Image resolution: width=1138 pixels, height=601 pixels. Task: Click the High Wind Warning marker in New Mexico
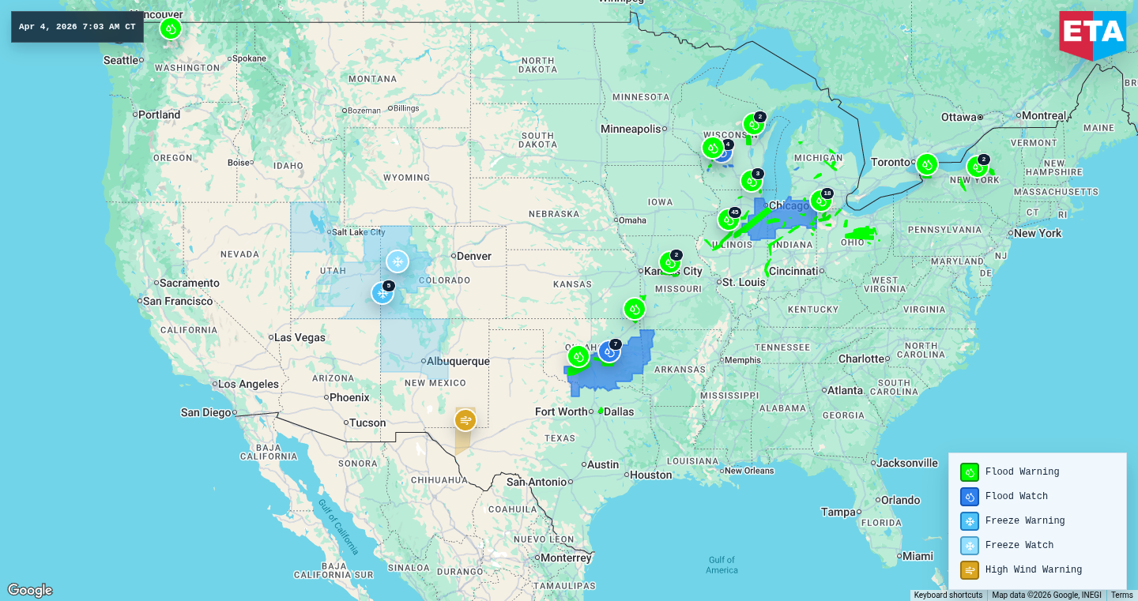coord(465,419)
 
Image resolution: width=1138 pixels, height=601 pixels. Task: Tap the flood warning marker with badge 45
coord(728,220)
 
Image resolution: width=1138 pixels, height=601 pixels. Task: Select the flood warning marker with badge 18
coord(820,201)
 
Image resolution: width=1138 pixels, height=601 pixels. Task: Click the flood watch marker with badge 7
coord(609,351)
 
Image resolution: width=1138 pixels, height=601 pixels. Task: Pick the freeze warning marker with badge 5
coord(382,293)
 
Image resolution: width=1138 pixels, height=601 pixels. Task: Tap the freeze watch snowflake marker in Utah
coord(397,261)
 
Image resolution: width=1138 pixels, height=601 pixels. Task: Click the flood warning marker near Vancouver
coord(170,29)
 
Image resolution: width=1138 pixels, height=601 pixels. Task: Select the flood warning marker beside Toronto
coord(926,164)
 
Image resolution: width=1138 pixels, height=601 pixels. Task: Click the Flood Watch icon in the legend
coord(970,496)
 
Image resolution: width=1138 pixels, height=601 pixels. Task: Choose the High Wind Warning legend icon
coord(970,569)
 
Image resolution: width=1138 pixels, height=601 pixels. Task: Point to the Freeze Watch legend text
coord(1019,545)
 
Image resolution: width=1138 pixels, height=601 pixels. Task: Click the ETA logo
coord(1093,34)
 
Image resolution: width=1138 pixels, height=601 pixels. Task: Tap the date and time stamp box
coord(77,27)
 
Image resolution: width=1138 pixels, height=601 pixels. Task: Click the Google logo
coord(30,590)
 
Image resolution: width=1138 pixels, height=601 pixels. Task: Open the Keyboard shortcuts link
coord(948,595)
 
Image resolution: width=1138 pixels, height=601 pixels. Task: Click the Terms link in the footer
coord(1121,595)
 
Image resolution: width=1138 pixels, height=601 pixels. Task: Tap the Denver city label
coord(474,256)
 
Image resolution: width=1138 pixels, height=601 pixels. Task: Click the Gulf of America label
coord(722,565)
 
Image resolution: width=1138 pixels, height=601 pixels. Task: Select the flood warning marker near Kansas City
coord(669,262)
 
